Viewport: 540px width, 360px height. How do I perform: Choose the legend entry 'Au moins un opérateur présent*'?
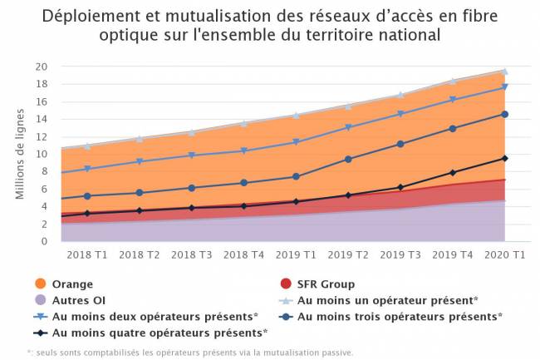386,300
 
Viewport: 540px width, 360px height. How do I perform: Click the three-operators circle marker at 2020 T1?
504,115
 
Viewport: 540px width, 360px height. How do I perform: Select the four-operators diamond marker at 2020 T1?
504,159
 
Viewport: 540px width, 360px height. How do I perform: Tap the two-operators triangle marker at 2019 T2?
349,128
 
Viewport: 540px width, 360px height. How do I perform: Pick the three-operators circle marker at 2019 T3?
400,144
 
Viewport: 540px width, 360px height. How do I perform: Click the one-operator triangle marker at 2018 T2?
139,138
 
